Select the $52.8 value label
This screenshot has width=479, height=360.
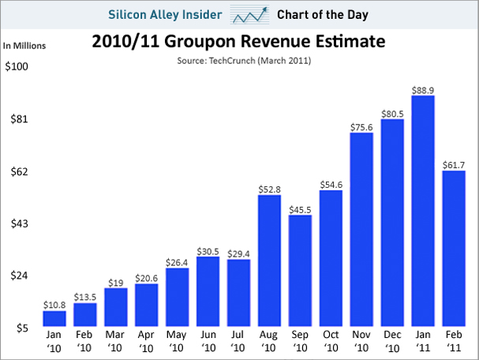point(270,188)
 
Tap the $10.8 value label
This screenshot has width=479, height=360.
point(54,304)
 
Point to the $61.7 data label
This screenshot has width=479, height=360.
point(454,163)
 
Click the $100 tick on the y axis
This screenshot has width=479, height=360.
point(17,66)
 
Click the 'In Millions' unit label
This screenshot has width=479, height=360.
point(24,45)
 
